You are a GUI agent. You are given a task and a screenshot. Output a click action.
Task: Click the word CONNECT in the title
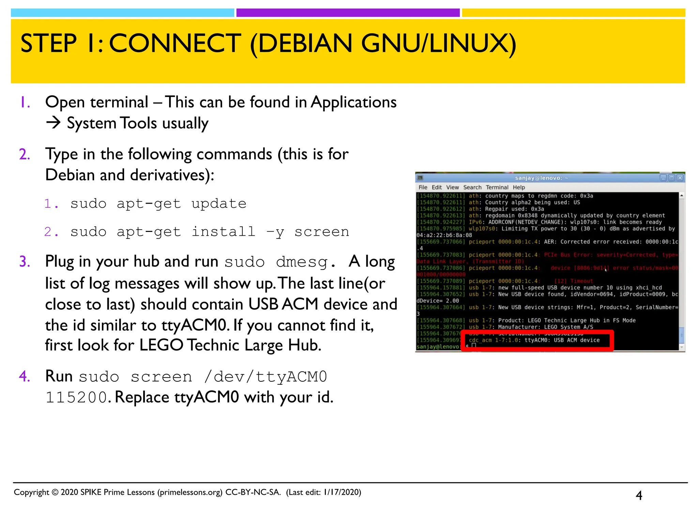175,44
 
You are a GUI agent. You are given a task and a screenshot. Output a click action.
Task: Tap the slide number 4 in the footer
639,495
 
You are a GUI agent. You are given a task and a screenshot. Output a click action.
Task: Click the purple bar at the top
348,13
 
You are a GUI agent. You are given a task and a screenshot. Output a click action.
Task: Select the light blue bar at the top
122,13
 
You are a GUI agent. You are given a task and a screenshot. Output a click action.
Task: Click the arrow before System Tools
53,123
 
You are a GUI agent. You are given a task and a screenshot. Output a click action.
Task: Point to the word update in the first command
219,204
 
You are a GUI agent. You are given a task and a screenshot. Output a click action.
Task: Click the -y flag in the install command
275,232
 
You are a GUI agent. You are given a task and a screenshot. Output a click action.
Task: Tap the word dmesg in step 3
302,262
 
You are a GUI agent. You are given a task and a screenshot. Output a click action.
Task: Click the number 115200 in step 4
76,397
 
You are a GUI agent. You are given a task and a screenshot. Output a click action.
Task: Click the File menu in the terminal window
423,187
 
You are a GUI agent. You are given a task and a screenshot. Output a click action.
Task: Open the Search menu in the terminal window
472,187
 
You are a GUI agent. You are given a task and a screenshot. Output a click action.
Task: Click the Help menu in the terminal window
519,187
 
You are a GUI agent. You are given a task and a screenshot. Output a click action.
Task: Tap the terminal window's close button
680,178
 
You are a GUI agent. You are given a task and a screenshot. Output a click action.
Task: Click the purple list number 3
25,262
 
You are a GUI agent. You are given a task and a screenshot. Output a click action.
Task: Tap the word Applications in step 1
353,102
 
